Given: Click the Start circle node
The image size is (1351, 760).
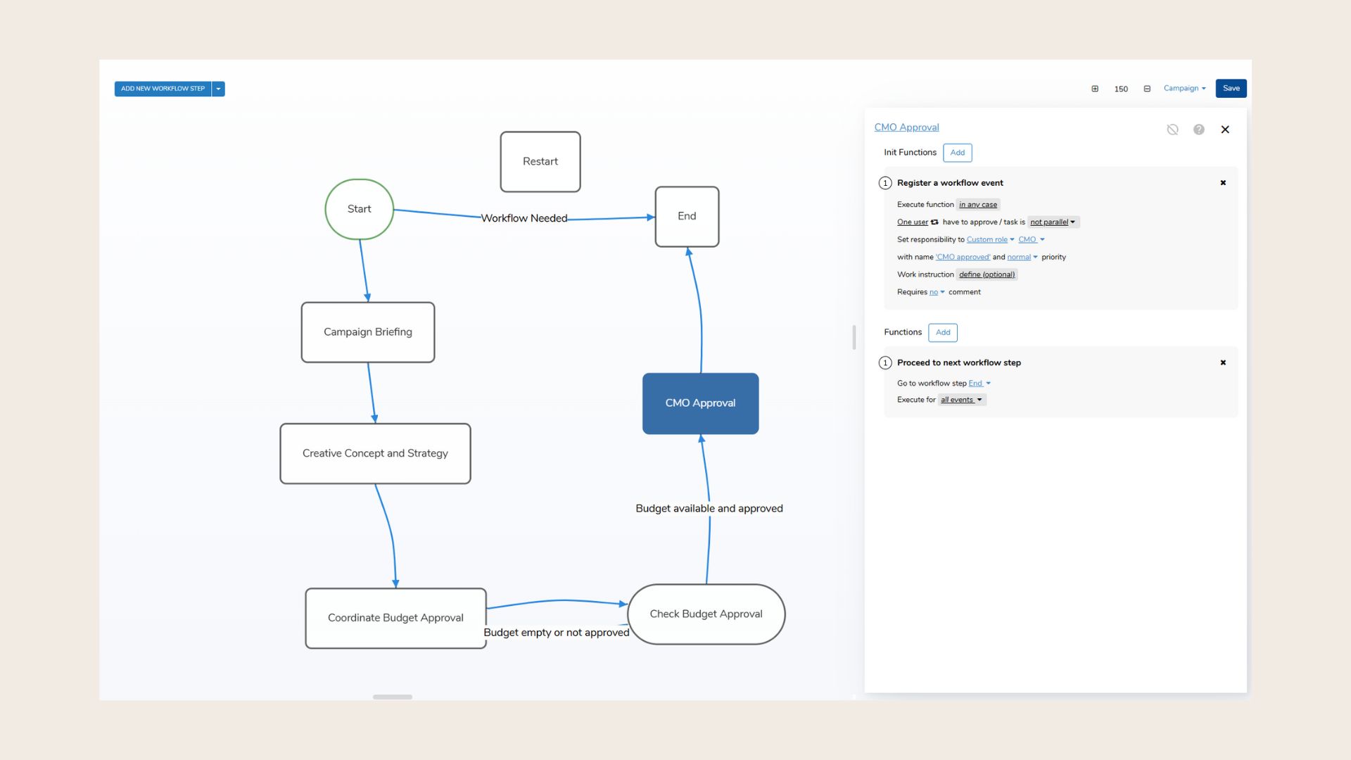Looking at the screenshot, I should pos(359,209).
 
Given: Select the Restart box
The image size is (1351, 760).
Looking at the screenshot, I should pos(540,161).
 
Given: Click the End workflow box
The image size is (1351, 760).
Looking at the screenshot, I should pos(687,216).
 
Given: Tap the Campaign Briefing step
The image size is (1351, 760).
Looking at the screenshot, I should pos(367,332).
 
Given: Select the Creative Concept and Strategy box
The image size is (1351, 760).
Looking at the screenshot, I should pos(375,453).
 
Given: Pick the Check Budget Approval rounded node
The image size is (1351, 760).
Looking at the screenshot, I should pos(706,614).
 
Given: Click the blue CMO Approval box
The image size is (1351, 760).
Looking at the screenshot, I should pos(700,403).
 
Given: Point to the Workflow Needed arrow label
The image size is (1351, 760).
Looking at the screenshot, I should pos(524,218).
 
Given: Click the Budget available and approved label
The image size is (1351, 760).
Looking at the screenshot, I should pos(709,508).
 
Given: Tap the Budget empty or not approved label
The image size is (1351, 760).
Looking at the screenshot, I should pos(556,633).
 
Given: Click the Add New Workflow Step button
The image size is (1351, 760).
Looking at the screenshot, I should pos(163,89).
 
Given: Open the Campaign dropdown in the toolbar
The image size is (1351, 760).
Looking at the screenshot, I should pos(1184,89).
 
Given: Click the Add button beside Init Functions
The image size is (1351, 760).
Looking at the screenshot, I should pos(957,153).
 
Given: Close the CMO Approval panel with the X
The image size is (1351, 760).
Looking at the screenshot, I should pos(1225,129).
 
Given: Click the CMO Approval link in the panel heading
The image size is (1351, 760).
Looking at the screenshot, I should pos(906,127).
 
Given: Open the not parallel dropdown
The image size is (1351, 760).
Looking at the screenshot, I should pos(1053,222).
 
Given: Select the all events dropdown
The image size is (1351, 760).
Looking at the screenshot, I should pos(961,400).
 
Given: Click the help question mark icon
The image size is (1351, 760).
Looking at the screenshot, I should pos(1199,129).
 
